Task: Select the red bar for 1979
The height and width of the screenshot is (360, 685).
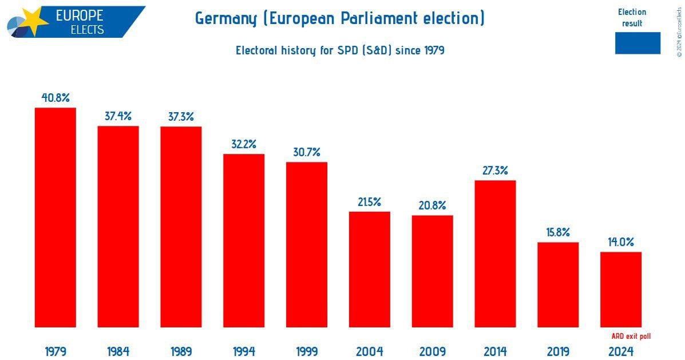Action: (56, 217)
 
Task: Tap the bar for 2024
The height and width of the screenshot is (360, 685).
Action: (621, 290)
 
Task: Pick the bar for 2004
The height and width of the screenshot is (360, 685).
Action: (370, 269)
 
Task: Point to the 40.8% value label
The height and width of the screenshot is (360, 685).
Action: (56, 98)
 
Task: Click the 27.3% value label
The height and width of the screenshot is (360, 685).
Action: (495, 171)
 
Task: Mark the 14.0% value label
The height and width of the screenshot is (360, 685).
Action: (621, 242)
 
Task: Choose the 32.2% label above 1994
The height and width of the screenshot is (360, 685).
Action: (244, 144)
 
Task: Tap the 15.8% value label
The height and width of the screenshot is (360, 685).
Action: (558, 232)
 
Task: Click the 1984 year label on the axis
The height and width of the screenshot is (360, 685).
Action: (118, 351)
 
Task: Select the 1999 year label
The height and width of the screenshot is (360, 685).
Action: (307, 351)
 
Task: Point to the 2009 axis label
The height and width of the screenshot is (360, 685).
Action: (433, 351)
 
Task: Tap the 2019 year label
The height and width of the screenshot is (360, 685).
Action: (558, 351)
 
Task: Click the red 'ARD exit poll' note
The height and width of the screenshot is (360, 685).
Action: (631, 336)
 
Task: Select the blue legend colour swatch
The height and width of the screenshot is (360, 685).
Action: (638, 43)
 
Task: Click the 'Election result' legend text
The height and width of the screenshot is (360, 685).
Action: (632, 18)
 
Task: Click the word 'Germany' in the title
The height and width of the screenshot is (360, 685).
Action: (226, 18)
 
